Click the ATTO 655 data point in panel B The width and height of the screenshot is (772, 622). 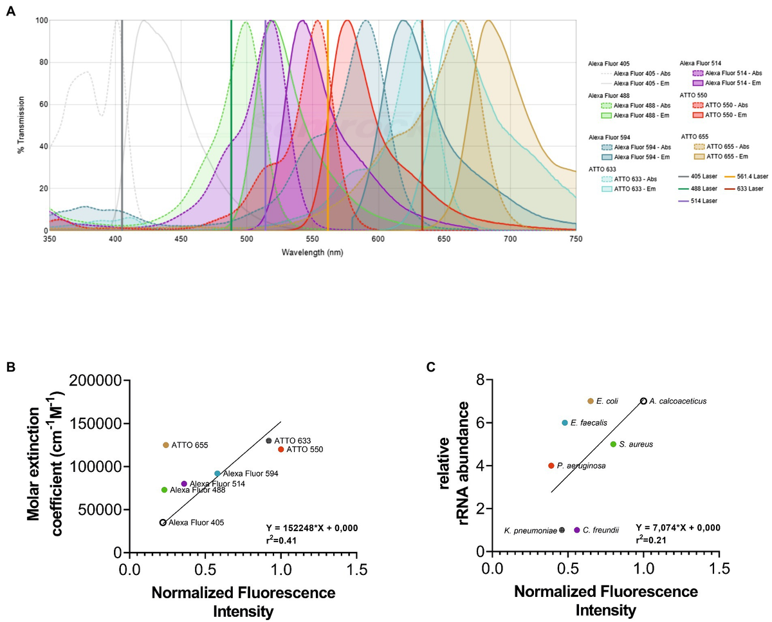(166, 445)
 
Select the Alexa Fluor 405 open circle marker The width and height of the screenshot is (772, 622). (163, 523)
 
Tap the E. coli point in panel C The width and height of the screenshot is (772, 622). (591, 401)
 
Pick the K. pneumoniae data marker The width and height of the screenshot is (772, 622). (562, 530)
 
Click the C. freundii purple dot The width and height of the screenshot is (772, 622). (577, 530)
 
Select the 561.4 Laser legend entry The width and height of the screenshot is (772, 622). (747, 176)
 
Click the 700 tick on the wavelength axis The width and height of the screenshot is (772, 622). (510, 239)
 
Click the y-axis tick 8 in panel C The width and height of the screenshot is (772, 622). (479, 381)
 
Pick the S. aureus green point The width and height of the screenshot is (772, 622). (613, 444)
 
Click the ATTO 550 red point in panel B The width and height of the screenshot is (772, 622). (280, 449)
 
